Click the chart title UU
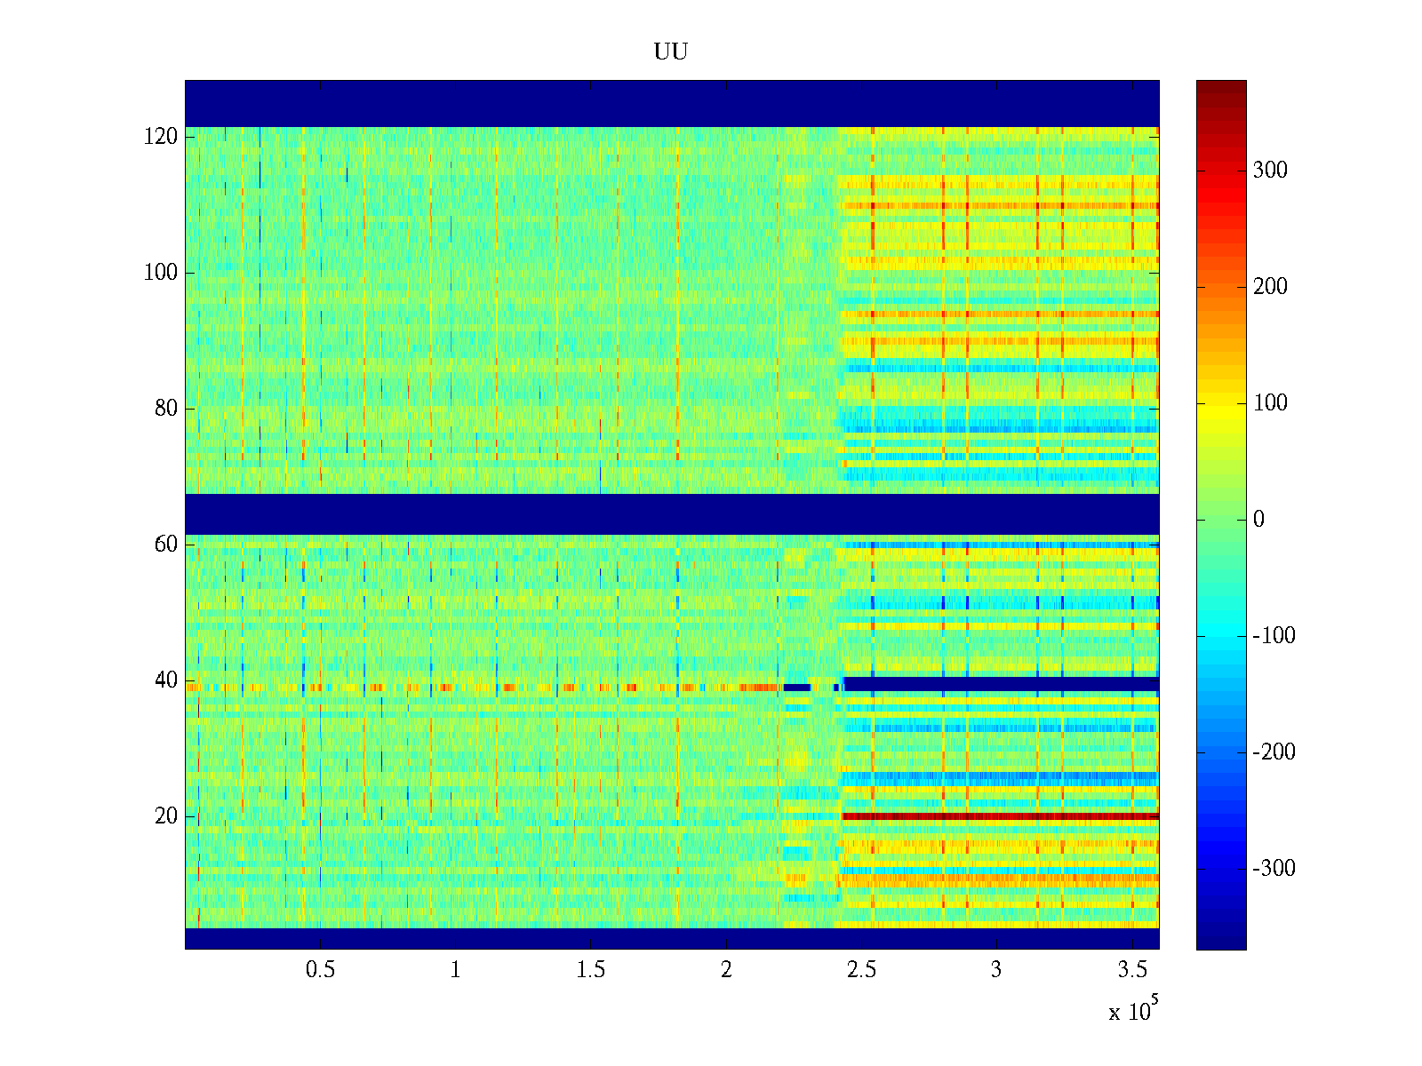671,52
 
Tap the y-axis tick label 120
161,137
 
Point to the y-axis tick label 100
161,273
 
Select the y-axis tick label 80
166,409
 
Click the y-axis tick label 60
166,545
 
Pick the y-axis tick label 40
166,680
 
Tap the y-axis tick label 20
166,816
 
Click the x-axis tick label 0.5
320,970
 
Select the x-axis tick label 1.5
591,970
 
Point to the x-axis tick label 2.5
861,970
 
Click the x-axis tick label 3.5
1132,970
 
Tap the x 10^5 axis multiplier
1133,1010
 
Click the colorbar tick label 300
1270,171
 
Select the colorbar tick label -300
1274,869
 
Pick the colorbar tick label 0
1258,520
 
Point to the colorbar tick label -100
1274,636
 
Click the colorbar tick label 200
1270,287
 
